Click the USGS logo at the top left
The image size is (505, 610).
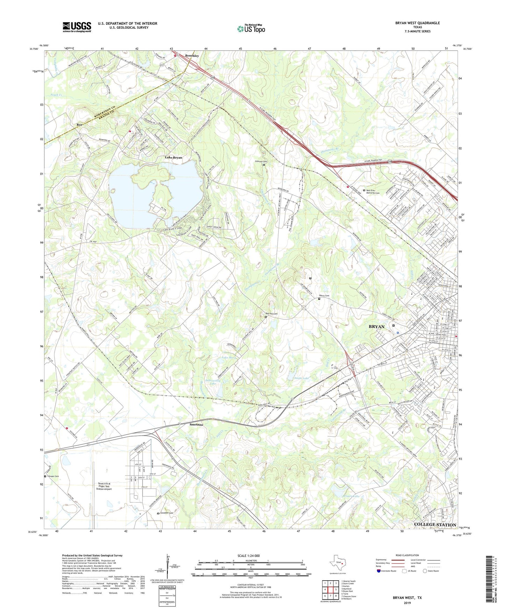coord(77,27)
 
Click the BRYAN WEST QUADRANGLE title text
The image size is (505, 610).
coord(417,23)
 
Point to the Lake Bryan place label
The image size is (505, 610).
coord(173,158)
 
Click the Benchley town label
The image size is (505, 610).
coord(192,56)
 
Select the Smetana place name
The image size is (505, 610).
coord(196,424)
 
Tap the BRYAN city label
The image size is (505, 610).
coord(376,327)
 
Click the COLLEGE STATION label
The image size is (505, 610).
coord(435,524)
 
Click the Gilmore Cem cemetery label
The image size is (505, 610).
coord(260,161)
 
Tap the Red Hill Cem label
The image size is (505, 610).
coord(271,314)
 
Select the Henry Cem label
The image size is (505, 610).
coord(324,296)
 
